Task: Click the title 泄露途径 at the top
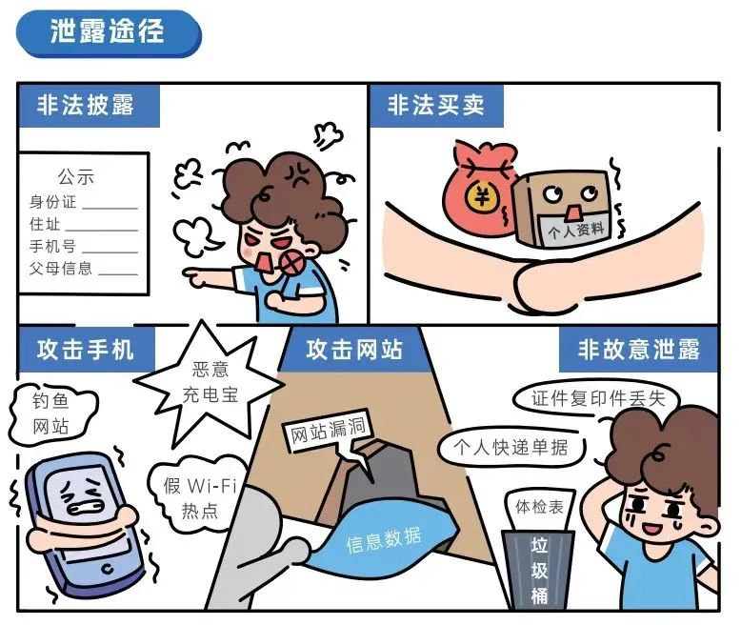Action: pyautogui.click(x=108, y=32)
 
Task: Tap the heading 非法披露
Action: pyautogui.click(x=86, y=105)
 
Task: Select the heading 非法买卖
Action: pyautogui.click(x=435, y=105)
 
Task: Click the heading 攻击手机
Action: pyautogui.click(x=86, y=350)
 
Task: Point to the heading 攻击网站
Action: pyautogui.click(x=354, y=350)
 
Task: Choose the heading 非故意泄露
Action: pyautogui.click(x=638, y=350)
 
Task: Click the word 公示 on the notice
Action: pyautogui.click(x=76, y=177)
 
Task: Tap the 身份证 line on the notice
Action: pyautogui.click(x=83, y=202)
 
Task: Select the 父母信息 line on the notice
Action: pyautogui.click(x=83, y=268)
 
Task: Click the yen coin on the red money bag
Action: pyautogui.click(x=482, y=196)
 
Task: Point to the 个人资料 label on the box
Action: pyautogui.click(x=575, y=230)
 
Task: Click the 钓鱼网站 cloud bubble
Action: pyautogui.click(x=51, y=413)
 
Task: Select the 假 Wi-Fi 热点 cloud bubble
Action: pyautogui.click(x=199, y=497)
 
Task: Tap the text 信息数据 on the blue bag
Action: pyautogui.click(x=383, y=540)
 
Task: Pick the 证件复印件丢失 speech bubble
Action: pyautogui.click(x=597, y=398)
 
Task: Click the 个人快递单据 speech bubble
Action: pyautogui.click(x=511, y=447)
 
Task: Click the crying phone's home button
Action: pyautogui.click(x=108, y=569)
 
